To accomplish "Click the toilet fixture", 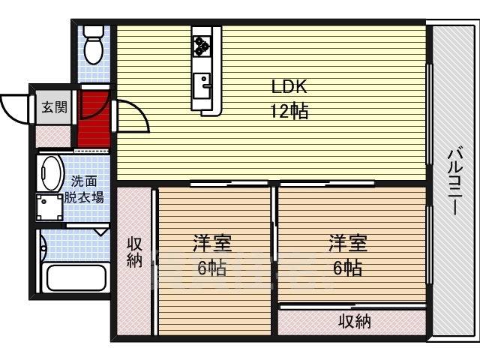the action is tap(93, 45).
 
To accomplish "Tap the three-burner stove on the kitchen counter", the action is tap(202, 46).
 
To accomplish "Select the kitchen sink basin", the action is tap(202, 85).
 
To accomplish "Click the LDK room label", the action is tap(289, 87).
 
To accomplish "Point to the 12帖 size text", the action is tap(289, 111).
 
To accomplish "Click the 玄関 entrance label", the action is tap(55, 107).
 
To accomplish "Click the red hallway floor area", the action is tap(94, 118).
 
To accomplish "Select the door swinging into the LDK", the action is tap(132, 115).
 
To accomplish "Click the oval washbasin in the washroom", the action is tap(50, 173).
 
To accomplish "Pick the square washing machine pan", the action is tap(49, 208).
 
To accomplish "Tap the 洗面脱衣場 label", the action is tap(84, 190).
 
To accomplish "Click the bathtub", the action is tap(76, 277).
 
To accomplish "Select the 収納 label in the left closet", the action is tap(135, 253).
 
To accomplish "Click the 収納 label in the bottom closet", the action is tap(355, 321).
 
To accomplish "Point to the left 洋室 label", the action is tap(211, 243).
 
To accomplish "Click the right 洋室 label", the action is tap(348, 243).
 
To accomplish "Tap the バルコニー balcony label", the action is tap(455, 181).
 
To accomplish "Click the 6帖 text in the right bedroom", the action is tap(348, 268).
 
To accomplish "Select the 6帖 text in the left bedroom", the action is tap(211, 268).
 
